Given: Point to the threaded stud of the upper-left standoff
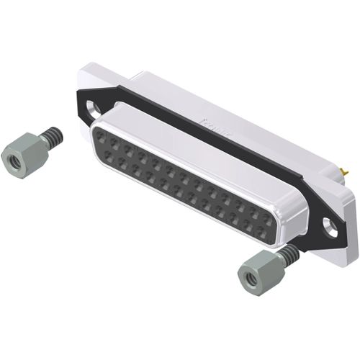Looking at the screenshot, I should pyautogui.click(x=50, y=137).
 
